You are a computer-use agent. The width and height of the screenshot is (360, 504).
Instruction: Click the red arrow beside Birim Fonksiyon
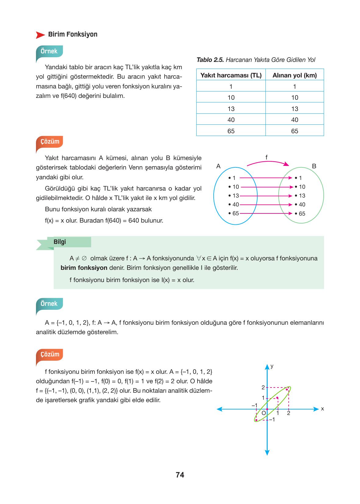(x=41, y=35)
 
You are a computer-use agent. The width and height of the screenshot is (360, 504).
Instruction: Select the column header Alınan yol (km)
(x=294, y=75)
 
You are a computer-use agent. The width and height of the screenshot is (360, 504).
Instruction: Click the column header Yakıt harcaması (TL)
(x=231, y=75)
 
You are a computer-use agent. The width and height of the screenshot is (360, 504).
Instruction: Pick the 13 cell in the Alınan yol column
(x=294, y=109)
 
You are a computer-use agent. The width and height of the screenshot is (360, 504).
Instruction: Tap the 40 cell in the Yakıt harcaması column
(x=231, y=120)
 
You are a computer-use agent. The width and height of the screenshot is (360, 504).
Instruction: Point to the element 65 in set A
(x=235, y=213)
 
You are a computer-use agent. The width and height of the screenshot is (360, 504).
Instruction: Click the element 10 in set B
(x=301, y=187)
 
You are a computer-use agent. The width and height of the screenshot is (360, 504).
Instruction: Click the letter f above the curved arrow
(x=266, y=157)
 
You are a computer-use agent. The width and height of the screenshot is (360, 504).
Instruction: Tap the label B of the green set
(x=314, y=166)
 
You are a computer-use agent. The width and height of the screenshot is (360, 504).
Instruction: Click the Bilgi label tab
(x=60, y=242)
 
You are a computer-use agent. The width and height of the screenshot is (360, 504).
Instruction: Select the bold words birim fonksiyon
(x=84, y=268)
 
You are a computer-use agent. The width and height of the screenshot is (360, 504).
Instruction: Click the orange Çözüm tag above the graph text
(x=50, y=354)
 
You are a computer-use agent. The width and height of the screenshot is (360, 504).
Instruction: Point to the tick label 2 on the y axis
(x=263, y=388)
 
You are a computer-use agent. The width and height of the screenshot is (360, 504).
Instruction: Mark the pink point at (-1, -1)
(x=256, y=420)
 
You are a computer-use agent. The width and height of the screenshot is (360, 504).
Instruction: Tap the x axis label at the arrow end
(x=322, y=409)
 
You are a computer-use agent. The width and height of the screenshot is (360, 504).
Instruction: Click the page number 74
(x=180, y=475)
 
